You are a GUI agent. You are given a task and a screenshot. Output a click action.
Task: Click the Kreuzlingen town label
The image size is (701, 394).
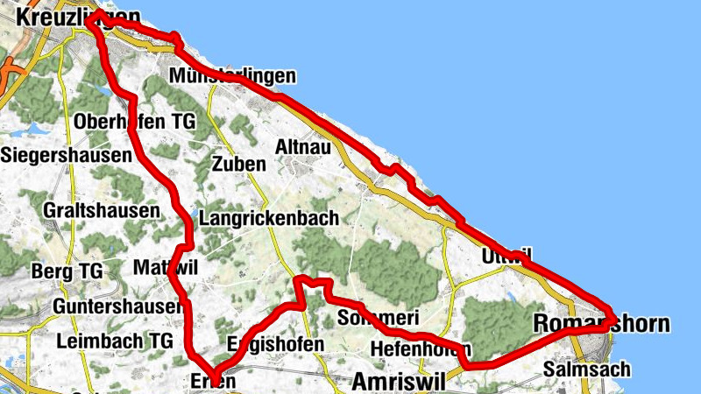click(78, 18)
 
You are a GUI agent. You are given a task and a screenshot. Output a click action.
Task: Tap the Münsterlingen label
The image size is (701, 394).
click(234, 76)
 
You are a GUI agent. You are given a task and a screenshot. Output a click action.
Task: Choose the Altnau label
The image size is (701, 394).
click(303, 147)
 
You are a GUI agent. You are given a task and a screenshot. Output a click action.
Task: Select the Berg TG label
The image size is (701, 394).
click(67, 271)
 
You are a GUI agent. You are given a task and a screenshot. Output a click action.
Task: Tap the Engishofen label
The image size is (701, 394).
click(274, 344)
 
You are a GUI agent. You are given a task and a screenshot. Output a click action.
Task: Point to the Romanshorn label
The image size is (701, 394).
click(601, 325)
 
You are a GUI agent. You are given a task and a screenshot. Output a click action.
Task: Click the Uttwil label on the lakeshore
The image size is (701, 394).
click(506, 257)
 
